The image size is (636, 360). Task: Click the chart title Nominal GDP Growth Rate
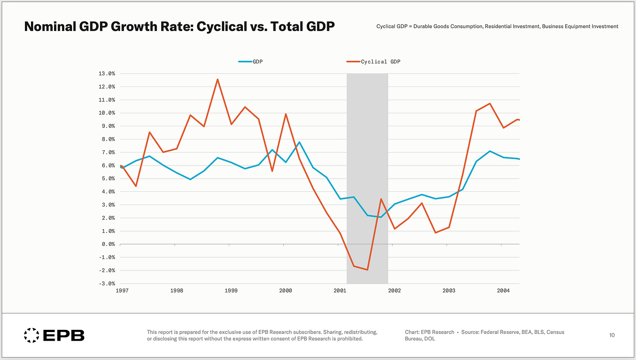click(x=179, y=27)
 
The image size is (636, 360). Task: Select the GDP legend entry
click(x=257, y=62)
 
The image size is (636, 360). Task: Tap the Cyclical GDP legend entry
click(x=380, y=62)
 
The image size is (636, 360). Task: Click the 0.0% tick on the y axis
click(x=107, y=244)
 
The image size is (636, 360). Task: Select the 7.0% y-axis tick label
click(x=107, y=152)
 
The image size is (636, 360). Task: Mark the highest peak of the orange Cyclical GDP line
click(x=218, y=80)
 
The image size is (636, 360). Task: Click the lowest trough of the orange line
click(x=367, y=270)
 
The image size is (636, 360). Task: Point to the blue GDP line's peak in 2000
click(x=299, y=142)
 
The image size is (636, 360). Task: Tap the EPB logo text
click(x=64, y=336)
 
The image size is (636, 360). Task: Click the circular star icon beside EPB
click(x=31, y=335)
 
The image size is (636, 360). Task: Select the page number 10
click(x=612, y=335)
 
